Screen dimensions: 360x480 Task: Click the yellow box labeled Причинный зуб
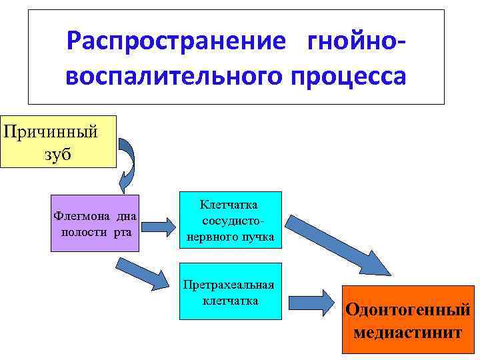coord(58,141)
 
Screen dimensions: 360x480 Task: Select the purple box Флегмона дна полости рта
coord(95,223)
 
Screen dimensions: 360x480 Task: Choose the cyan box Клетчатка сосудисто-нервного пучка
coord(231,219)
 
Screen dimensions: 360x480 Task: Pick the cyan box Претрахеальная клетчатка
coord(231,290)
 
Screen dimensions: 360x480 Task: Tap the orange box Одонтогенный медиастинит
coord(407,319)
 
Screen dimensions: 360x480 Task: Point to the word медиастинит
coord(407,331)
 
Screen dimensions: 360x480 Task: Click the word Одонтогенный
coord(407,309)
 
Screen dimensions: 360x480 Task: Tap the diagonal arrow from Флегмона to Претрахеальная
coord(143,273)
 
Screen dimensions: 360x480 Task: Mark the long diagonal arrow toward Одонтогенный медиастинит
coord(340,243)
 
